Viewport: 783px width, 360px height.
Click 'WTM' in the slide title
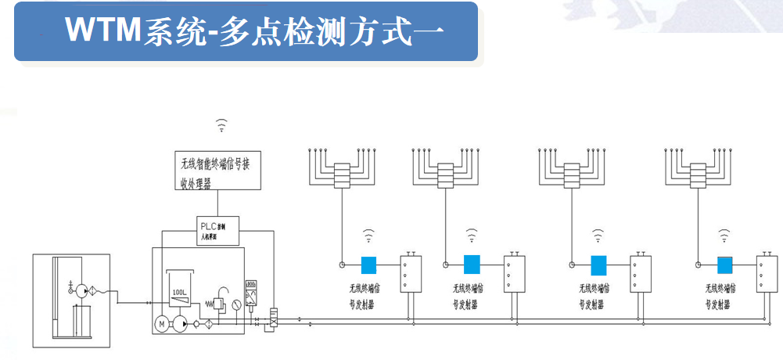[102, 31]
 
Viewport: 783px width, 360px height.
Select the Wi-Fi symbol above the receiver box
[222, 124]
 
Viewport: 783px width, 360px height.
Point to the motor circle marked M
[162, 323]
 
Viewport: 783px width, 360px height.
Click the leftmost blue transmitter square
[368, 265]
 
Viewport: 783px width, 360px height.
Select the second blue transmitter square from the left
[471, 265]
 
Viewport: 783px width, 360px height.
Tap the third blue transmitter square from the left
[598, 265]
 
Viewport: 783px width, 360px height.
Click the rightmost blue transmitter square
[725, 265]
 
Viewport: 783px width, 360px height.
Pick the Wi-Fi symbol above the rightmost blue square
[724, 233]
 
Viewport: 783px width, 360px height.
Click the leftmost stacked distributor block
[341, 176]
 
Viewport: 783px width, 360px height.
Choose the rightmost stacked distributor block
[698, 176]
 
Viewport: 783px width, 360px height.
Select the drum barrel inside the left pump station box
[82, 321]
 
